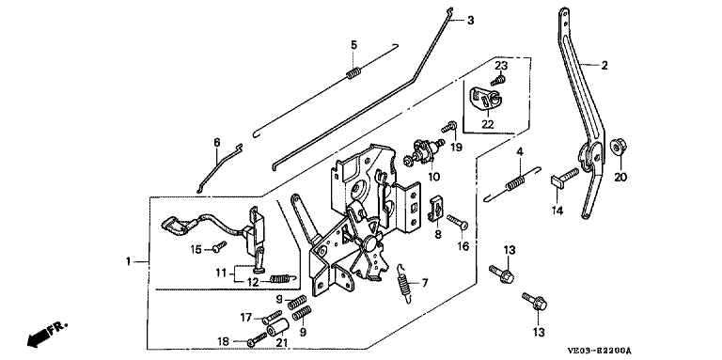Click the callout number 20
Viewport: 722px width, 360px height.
(620, 177)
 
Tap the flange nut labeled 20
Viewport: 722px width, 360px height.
(618, 147)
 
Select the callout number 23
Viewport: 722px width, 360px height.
(501, 65)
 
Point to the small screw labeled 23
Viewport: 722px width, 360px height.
(498, 81)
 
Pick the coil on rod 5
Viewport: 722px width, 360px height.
(353, 72)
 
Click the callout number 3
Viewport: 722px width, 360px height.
(470, 21)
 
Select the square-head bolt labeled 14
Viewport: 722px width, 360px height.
(565, 178)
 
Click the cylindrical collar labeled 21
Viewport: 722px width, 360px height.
(278, 328)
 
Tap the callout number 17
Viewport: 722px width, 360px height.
(245, 317)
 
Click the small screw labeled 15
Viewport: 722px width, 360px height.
(219, 246)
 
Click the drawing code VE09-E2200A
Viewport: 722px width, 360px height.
(601, 351)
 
